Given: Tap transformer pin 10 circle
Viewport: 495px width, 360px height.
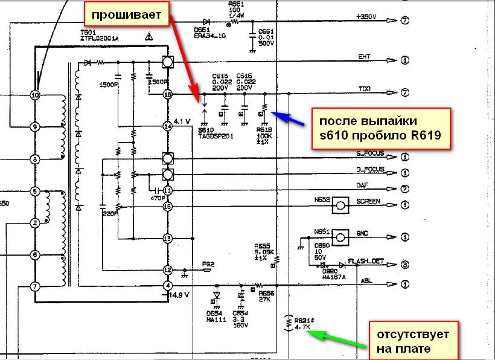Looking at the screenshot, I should pyautogui.click(x=35, y=95).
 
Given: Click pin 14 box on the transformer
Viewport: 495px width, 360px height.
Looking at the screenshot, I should pyautogui.click(x=168, y=126).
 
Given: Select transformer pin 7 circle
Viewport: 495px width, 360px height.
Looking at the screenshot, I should pyautogui.click(x=35, y=286).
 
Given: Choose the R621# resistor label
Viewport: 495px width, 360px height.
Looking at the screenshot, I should pyautogui.click(x=302, y=322).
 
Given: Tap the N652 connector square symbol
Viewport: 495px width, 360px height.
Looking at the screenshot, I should pyautogui.click(x=341, y=205).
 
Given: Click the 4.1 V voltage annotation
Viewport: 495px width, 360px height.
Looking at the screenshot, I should pyautogui.click(x=182, y=121).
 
